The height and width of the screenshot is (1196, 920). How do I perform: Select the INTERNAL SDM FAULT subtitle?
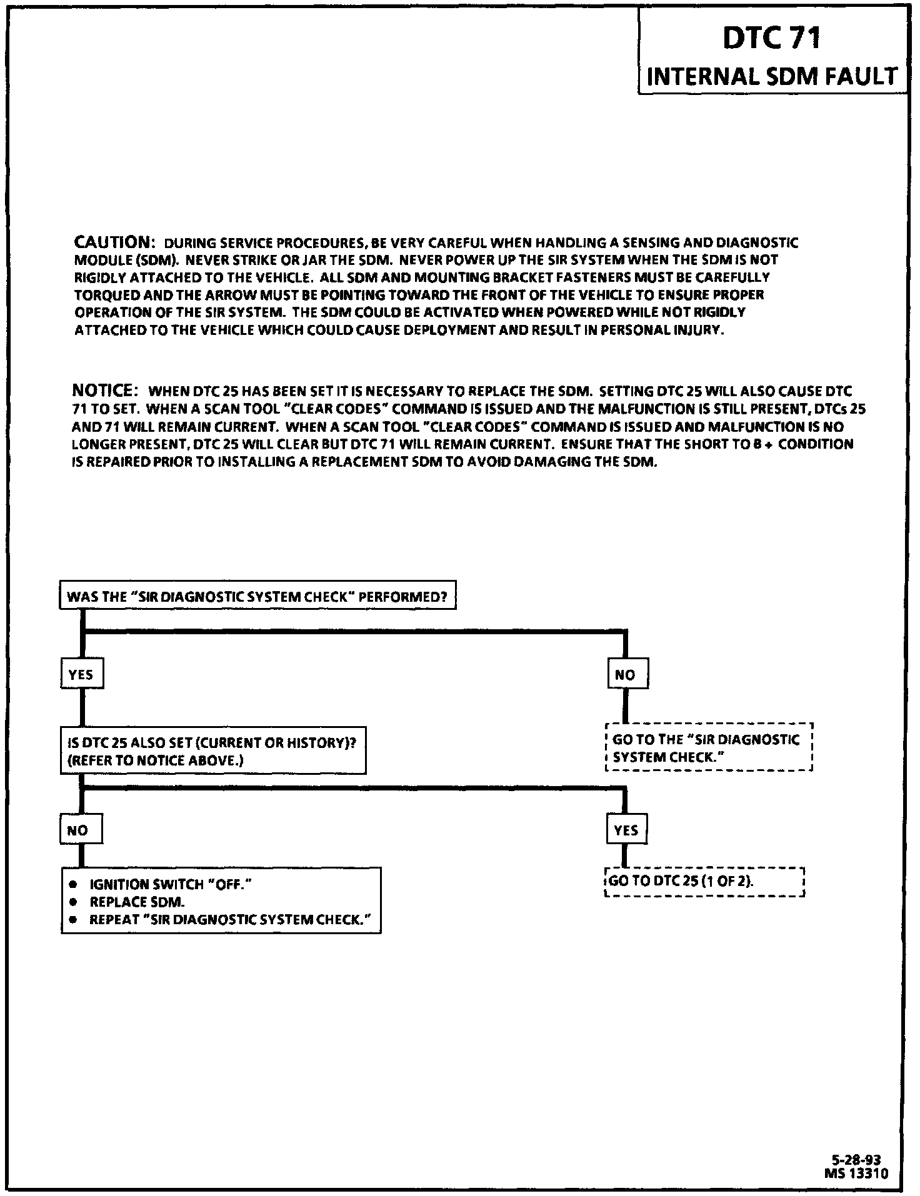772,76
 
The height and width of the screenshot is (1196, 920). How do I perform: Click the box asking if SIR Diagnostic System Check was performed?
257,596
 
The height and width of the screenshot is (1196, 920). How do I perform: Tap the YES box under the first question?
81,674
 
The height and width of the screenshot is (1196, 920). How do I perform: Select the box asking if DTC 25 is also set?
213,751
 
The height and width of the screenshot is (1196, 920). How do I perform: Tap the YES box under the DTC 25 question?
626,830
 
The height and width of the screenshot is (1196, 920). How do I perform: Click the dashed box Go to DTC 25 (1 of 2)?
705,882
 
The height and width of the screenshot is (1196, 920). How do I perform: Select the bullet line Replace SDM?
137,902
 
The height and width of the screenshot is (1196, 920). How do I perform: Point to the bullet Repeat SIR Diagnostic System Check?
226,920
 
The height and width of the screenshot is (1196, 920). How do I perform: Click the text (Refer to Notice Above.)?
155,760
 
